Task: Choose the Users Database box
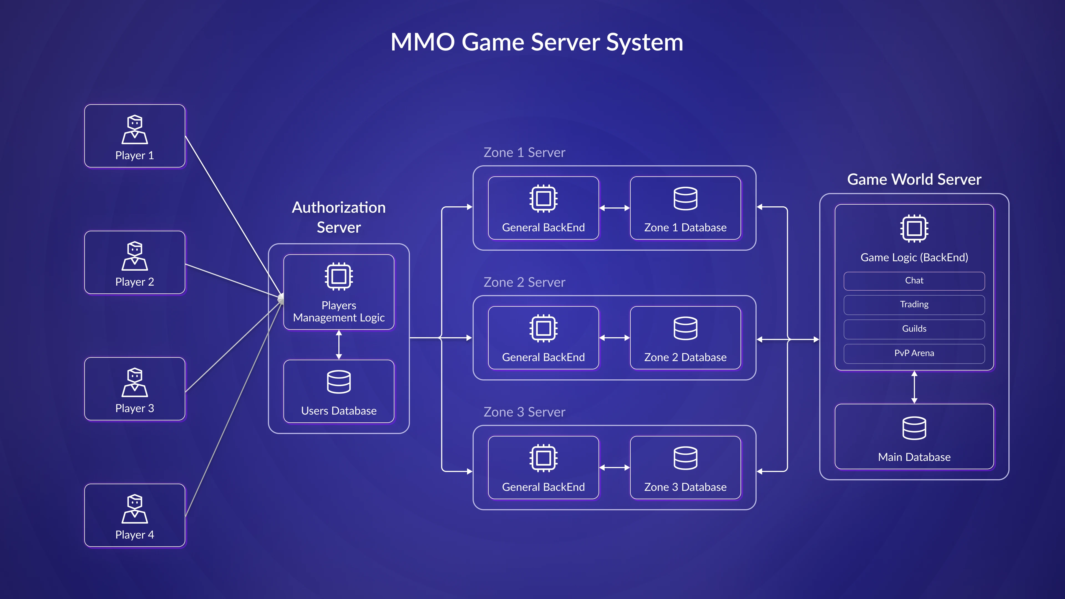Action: [x=339, y=391]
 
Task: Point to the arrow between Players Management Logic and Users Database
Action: [x=339, y=345]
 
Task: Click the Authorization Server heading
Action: [x=339, y=217]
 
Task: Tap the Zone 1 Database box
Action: [x=685, y=208]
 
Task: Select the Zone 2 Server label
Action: [x=524, y=282]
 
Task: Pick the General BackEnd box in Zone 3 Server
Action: [x=543, y=468]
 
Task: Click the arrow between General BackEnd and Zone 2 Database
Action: [x=614, y=338]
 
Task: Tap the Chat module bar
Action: [x=914, y=281]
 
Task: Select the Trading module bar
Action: [x=914, y=305]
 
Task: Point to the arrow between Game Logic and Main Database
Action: [x=914, y=387]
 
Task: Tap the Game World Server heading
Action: [x=914, y=179]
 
